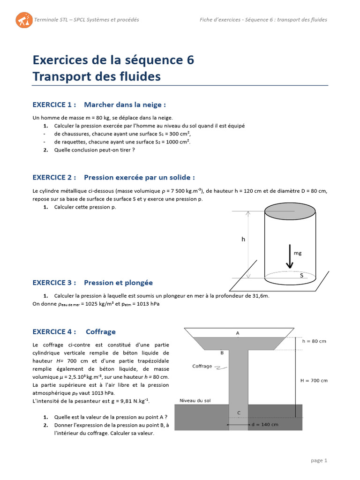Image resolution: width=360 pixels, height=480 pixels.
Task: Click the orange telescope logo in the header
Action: (x=24, y=20)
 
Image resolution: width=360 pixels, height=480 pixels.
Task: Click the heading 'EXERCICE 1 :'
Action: (x=54, y=105)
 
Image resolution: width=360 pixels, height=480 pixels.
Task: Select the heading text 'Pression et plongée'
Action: (x=118, y=283)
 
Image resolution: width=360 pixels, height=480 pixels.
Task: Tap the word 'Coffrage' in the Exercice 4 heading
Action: (x=100, y=331)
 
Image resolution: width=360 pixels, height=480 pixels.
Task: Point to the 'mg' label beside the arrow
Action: (x=297, y=253)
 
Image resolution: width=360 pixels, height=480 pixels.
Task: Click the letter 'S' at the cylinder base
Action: (x=301, y=276)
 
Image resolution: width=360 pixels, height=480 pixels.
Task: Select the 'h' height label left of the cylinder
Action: (x=243, y=239)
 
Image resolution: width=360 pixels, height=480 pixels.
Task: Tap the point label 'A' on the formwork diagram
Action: (x=238, y=333)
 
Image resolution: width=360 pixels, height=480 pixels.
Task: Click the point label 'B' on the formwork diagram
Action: (x=222, y=352)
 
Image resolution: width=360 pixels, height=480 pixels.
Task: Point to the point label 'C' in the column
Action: (x=239, y=413)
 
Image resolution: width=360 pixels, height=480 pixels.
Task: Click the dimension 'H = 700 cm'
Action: (x=314, y=380)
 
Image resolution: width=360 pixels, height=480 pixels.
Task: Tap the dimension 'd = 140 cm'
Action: (x=264, y=424)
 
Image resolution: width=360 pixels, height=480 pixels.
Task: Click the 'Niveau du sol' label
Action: (x=196, y=401)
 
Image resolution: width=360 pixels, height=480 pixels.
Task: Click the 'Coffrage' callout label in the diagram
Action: (x=202, y=366)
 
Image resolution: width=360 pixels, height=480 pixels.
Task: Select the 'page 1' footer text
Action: (x=319, y=460)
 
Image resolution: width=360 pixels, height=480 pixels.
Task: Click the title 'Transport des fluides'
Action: (x=97, y=76)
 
